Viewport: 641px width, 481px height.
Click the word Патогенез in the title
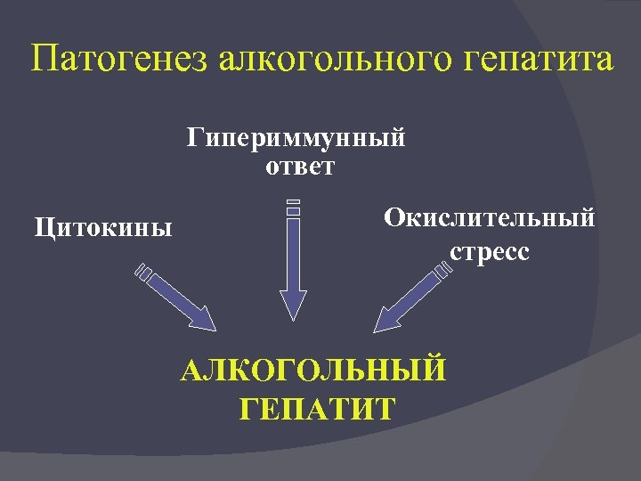tap(119, 61)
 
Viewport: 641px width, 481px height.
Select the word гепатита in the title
tap(540, 61)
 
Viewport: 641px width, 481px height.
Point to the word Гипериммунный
tap(296, 139)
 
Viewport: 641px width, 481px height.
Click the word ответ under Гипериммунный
tap(299, 167)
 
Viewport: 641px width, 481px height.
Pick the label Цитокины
tap(103, 227)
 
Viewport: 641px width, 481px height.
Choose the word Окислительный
tap(489, 217)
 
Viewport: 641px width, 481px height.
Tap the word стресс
tap(489, 251)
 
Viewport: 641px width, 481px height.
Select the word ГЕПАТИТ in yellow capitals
tap(317, 409)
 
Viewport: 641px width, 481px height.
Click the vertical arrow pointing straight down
tap(293, 267)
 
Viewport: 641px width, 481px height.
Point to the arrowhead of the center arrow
tap(293, 305)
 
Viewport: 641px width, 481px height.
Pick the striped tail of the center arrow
tap(293, 208)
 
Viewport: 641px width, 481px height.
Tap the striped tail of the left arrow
tap(144, 271)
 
